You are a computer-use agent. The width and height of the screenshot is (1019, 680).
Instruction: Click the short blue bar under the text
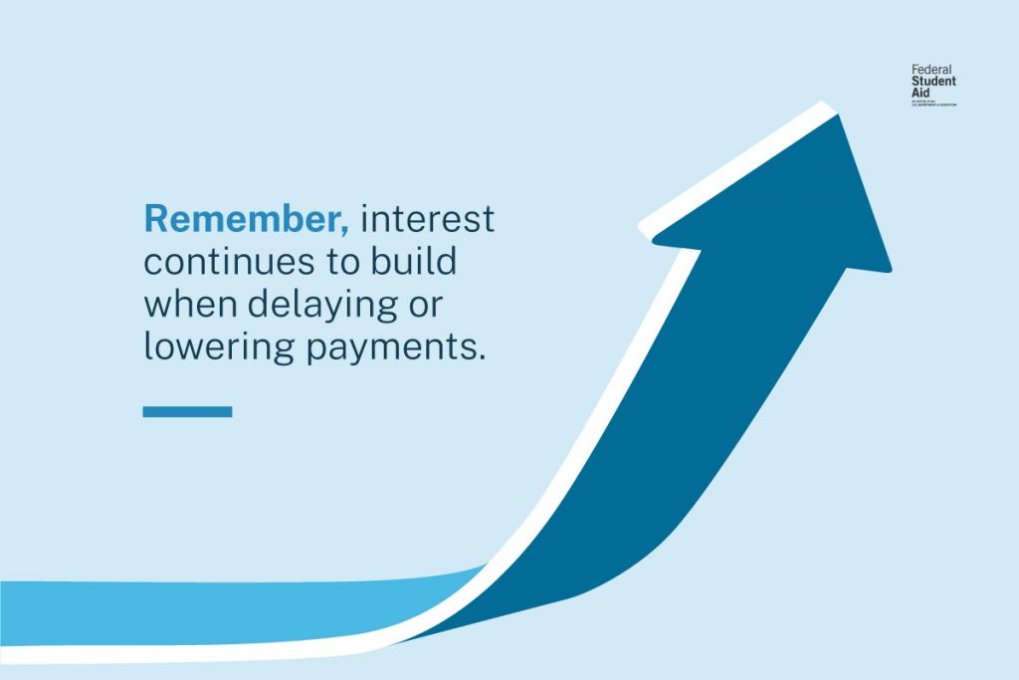(187, 411)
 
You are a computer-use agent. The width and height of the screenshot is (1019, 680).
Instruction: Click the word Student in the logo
(933, 82)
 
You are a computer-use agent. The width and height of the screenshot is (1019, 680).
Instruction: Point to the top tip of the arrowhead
(838, 115)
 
